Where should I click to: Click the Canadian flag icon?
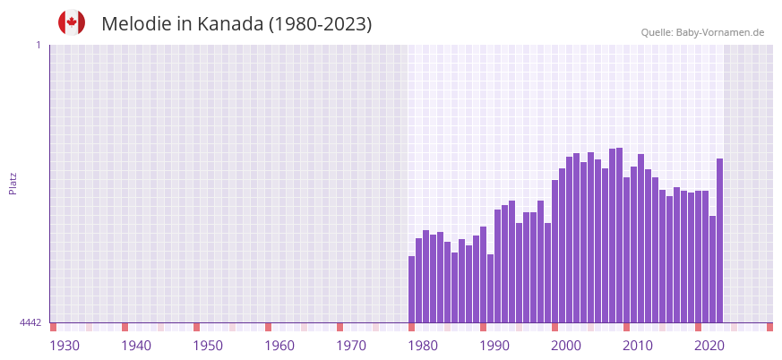pos(72,22)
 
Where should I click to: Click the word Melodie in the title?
pos(138,24)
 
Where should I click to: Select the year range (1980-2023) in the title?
pos(321,24)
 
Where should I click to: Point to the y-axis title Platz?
pos(13,183)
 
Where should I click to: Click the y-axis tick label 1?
pos(38,45)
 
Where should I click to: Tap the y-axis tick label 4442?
pos(30,322)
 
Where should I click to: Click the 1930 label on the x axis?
pos(64,346)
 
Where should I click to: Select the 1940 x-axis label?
pos(136,346)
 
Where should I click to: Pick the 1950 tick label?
pos(208,346)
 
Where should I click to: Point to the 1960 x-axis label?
pos(279,346)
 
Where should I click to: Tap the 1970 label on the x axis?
pos(351,346)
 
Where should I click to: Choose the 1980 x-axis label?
pos(423,346)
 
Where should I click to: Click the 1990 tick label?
pos(494,346)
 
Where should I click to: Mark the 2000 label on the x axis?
pos(566,346)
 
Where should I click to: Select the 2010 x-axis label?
pos(638,346)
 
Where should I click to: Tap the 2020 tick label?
pos(709,346)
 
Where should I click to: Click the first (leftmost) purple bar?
pos(412,289)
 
